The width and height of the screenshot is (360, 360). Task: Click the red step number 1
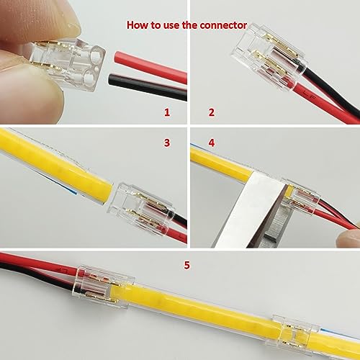coord(167,112)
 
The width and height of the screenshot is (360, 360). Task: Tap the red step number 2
coord(212,112)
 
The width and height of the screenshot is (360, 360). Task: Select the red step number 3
coord(167,143)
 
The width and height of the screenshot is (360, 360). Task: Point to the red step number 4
coord(212,143)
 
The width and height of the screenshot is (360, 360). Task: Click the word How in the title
coord(138,24)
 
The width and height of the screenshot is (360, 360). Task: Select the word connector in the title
coord(223,24)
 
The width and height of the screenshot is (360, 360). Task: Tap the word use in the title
coord(170,24)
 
